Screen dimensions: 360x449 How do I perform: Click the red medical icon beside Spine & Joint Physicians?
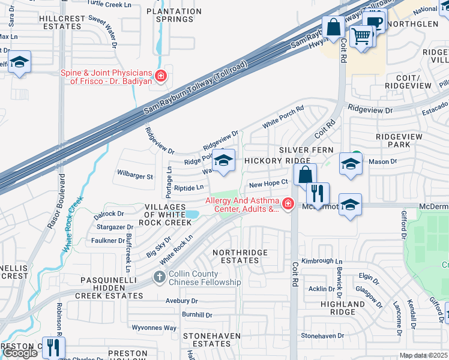point(160,76)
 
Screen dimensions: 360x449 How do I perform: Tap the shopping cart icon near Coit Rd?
point(361,37)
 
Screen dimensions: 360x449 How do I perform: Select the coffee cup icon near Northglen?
point(374,22)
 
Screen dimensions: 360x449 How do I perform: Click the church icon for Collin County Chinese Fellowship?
point(159,277)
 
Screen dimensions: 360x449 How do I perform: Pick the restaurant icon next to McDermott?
point(318,193)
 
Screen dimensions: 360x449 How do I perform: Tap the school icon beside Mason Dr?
point(351,163)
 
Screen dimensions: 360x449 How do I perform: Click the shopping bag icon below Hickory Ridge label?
point(305,175)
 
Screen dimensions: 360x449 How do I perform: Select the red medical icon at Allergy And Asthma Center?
point(288,205)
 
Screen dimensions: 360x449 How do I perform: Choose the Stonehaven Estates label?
point(211,340)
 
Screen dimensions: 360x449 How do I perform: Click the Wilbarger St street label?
point(135,177)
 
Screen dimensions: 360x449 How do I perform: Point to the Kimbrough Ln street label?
point(321,262)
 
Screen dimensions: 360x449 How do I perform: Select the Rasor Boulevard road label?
point(60,205)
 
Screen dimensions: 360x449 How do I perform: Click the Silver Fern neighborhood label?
point(302,149)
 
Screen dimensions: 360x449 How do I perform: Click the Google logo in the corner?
point(20,353)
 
